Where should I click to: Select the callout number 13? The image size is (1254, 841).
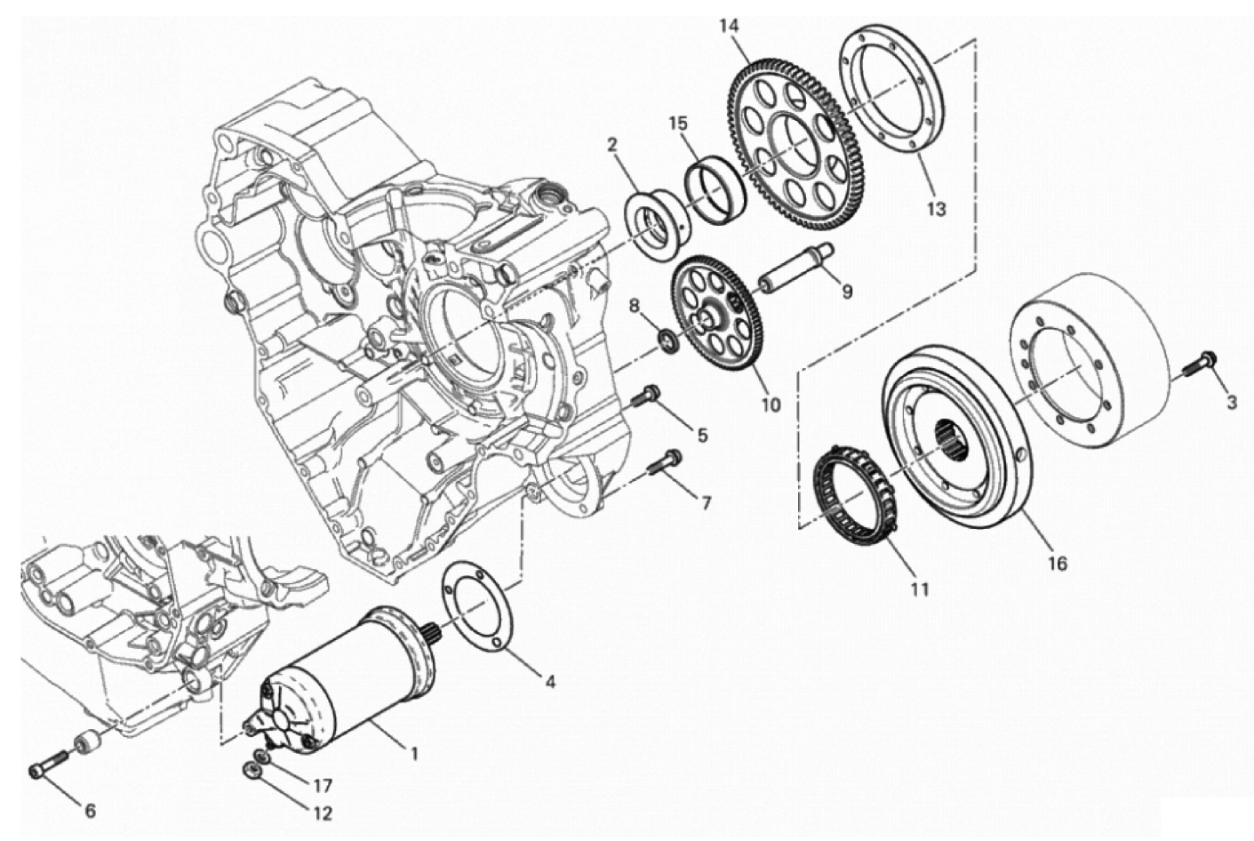(x=936, y=210)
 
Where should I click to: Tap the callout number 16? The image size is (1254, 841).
(x=1057, y=563)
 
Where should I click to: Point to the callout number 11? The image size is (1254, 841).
(x=919, y=589)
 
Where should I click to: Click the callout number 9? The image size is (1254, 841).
(x=846, y=291)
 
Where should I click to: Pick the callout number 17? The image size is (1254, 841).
(x=322, y=786)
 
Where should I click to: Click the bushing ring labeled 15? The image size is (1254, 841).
(x=715, y=188)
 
